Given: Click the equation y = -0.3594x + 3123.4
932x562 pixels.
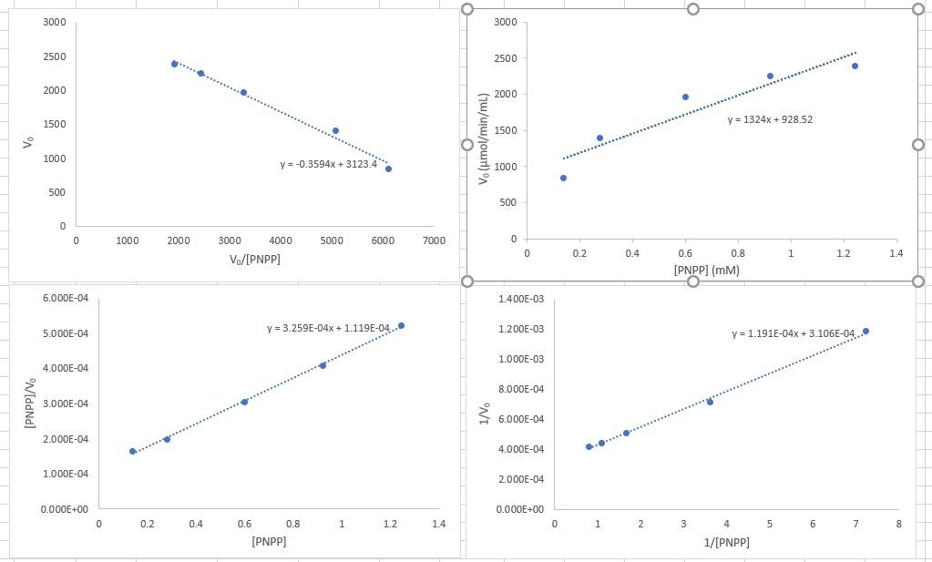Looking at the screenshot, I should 328,165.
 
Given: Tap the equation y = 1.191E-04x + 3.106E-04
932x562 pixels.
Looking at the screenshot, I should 793,333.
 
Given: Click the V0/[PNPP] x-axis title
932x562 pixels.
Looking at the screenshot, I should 255,260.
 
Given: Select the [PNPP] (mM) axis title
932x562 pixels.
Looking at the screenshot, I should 706,271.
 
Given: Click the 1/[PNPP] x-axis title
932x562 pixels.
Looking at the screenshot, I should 727,543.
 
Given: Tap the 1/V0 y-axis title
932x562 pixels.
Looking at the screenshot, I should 485,404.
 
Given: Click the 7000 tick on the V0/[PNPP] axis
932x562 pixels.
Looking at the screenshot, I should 434,241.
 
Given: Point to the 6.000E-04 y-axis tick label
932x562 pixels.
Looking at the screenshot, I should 67,299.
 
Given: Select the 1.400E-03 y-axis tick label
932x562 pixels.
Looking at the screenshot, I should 522,299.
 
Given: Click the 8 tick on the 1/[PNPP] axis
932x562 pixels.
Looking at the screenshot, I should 898,525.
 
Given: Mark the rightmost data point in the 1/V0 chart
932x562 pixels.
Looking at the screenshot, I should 865,331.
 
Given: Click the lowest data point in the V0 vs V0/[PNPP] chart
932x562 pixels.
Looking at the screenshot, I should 388,169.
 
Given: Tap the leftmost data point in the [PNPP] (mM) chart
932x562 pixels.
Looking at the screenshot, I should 563,178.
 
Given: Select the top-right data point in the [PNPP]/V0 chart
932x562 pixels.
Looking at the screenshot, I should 401,325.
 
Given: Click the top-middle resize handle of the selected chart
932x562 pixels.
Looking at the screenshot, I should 692,9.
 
